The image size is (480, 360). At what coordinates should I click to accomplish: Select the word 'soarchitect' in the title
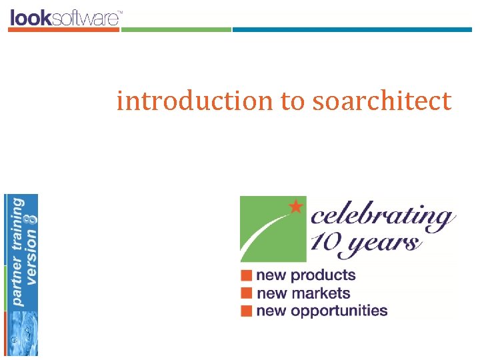click(x=381, y=101)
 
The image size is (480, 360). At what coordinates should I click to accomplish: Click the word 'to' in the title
click(x=291, y=101)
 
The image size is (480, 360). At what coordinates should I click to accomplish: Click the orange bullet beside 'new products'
click(x=247, y=275)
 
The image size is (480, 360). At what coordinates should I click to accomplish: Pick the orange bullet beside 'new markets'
click(x=247, y=293)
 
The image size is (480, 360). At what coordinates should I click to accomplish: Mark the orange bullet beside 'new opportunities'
click(x=247, y=310)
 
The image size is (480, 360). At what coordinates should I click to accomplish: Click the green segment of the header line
click(x=176, y=29)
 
